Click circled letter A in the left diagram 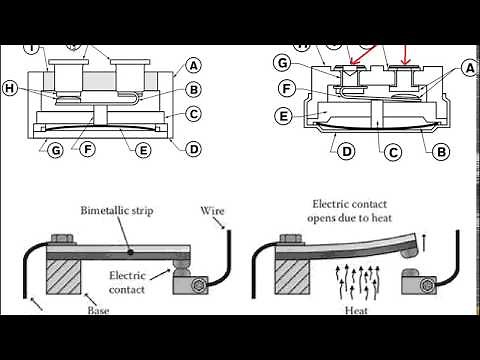(193, 66)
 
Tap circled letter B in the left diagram (193, 89)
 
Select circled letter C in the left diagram (193, 114)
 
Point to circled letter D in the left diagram (193, 149)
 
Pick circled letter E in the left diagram (143, 151)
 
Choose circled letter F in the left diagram (88, 151)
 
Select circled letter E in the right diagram (284, 116)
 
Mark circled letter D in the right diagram (346, 152)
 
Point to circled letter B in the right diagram (439, 152)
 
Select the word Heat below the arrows (357, 310)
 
